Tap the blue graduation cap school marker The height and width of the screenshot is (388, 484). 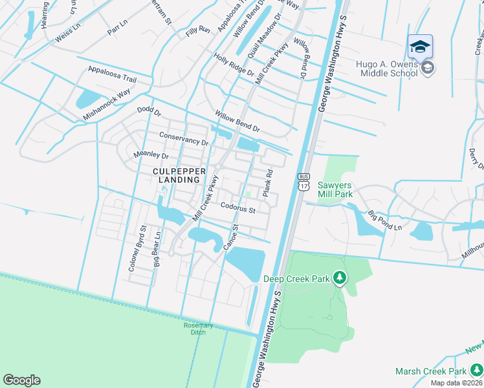(x=420, y=47)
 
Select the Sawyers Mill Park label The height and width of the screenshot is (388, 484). (x=335, y=189)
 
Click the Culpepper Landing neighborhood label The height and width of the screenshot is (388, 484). (x=179, y=175)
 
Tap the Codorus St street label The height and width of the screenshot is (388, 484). (x=238, y=209)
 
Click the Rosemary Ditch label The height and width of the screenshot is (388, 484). (x=194, y=329)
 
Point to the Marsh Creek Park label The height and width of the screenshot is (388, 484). (x=431, y=372)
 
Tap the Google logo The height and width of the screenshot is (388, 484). (x=21, y=380)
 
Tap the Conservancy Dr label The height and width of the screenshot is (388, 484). (x=184, y=138)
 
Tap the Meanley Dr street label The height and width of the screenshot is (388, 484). (x=150, y=155)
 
